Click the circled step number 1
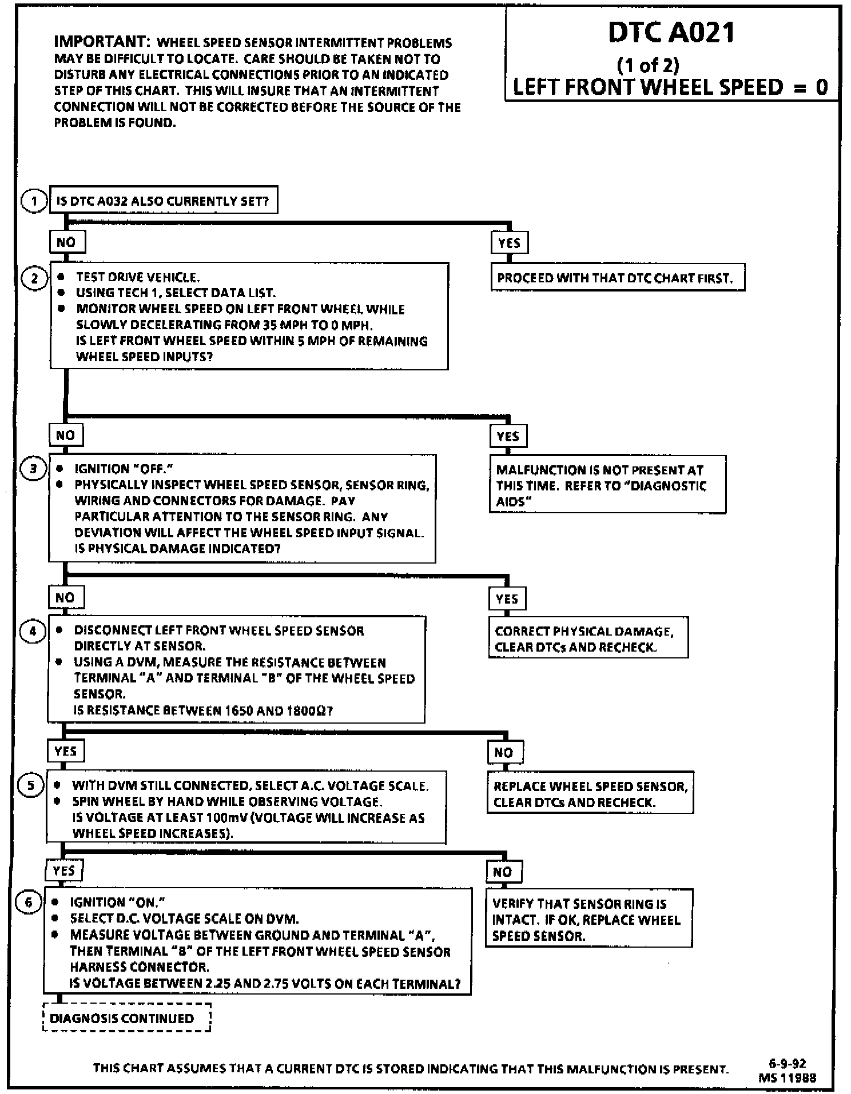tap(34, 201)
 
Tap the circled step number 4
tap(33, 632)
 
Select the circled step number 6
tap(29, 903)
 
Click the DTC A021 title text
tap(671, 33)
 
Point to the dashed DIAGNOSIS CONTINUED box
tap(126, 1018)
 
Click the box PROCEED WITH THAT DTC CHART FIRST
tap(617, 278)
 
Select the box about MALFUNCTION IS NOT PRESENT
tap(607, 485)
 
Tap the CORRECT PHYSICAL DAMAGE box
tap(588, 638)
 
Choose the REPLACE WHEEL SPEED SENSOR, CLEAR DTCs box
tap(590, 793)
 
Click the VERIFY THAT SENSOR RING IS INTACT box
tap(588, 919)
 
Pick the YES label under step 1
tap(509, 243)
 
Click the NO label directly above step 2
tap(66, 242)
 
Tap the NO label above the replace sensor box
tap(504, 752)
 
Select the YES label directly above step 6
tap(63, 871)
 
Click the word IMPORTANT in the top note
tap(101, 42)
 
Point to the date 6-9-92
tap(787, 1064)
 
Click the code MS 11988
tap(787, 1078)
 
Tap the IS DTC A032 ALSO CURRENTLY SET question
tap(163, 201)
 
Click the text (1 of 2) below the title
tap(648, 65)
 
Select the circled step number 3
tap(33, 469)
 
